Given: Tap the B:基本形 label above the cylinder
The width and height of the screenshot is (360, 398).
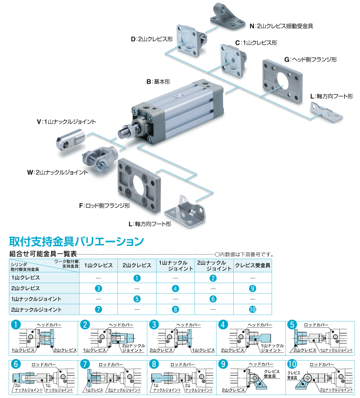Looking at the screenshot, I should (161, 81).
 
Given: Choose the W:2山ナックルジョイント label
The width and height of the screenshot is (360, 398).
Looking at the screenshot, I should (57, 172).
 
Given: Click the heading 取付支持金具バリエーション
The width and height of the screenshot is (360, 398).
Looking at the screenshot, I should (77, 241).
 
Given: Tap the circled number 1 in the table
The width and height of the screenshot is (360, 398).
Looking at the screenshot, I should (137, 278).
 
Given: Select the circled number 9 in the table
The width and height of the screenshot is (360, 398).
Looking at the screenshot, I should (252, 289).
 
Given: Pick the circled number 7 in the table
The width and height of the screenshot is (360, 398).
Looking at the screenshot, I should (99, 310).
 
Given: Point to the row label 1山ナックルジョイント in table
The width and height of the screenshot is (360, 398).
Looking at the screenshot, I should (36, 299).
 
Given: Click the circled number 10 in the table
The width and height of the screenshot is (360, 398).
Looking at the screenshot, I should (252, 310).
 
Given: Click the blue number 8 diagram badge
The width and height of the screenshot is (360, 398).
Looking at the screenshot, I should (155, 365).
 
